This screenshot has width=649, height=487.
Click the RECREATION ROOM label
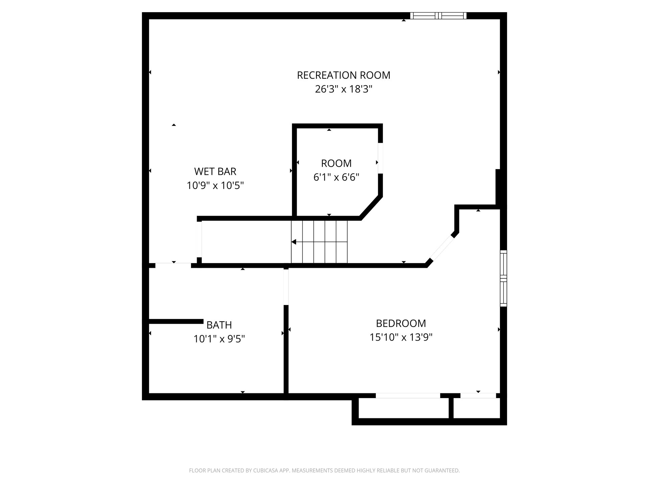[x=343, y=75]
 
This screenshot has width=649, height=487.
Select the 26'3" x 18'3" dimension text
[x=343, y=89]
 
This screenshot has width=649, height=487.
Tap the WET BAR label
[x=215, y=171]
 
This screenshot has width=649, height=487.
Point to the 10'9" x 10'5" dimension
[x=215, y=185]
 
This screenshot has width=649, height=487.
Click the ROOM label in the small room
[x=336, y=163]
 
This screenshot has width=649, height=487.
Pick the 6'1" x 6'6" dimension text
[x=336, y=177]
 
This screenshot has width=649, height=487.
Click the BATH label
[x=219, y=325]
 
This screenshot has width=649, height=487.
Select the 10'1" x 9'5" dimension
[x=219, y=339]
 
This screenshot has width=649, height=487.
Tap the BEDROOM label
[x=401, y=323]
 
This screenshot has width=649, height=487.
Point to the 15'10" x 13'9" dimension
[x=401, y=337]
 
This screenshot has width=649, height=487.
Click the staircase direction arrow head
[x=294, y=242]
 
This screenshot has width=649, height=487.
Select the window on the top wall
[x=438, y=16]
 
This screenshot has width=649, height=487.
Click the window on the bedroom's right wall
[x=503, y=278]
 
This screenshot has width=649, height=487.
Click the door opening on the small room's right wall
[x=380, y=158]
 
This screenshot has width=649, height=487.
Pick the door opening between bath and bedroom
[x=286, y=287]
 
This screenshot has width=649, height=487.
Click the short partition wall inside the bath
[x=176, y=322]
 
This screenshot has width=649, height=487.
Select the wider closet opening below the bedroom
[x=408, y=396]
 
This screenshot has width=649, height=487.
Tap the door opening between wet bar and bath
[x=173, y=265]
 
